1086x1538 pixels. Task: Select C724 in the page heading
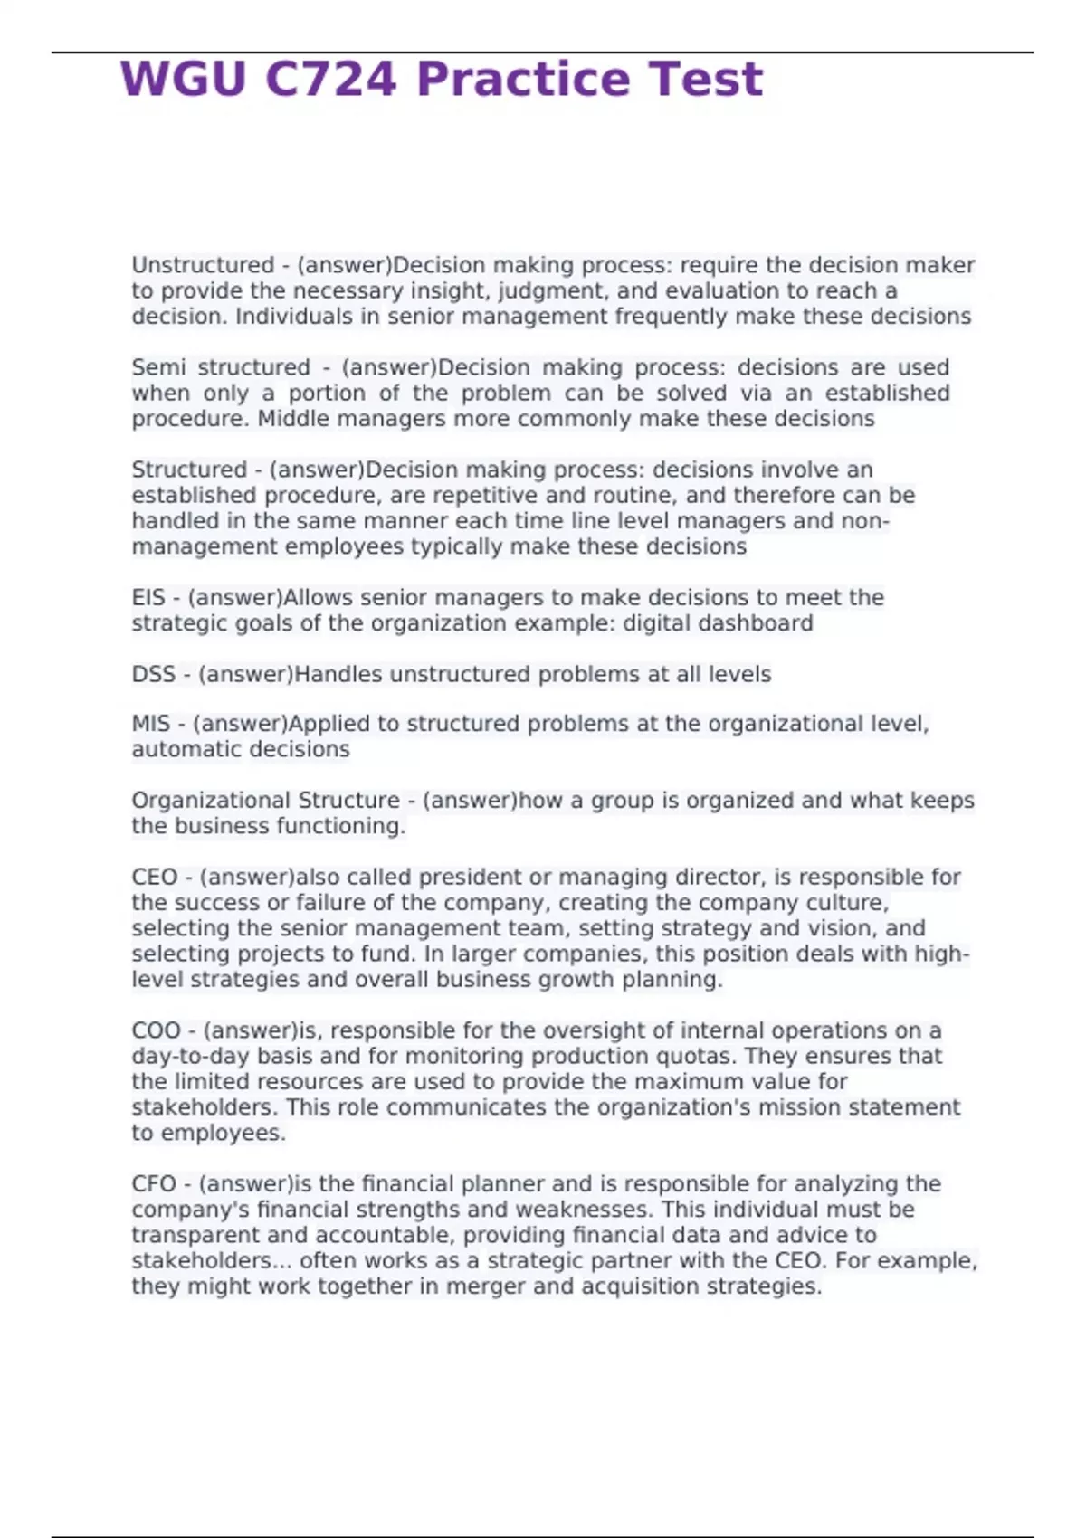coord(330,80)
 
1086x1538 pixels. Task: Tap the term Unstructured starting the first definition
coord(203,265)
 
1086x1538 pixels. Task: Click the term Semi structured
coord(221,367)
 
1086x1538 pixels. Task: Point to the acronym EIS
coord(148,598)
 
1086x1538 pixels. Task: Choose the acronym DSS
coord(153,675)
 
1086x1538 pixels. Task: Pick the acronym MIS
coord(150,724)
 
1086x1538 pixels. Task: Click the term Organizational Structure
coord(265,801)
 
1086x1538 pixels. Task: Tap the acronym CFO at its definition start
coord(154,1184)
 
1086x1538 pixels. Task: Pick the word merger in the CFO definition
coord(482,1286)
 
